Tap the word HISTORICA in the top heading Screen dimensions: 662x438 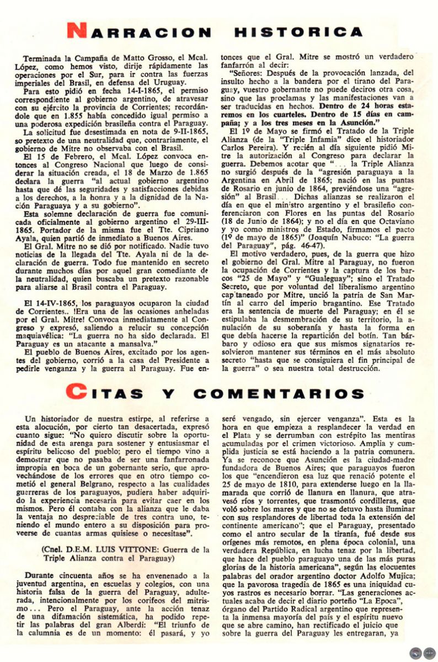(300, 32)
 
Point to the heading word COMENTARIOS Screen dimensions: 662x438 (279, 393)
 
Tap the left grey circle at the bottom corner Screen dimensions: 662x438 (416, 652)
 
